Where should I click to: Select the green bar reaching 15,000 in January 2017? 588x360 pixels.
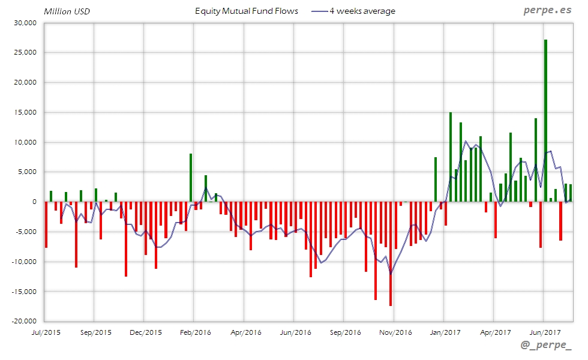point(451,157)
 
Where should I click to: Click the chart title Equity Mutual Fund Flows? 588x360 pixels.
point(247,11)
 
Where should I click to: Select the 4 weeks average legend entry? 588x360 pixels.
point(353,11)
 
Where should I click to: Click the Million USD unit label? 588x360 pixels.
point(67,11)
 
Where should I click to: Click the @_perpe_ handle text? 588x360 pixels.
point(546,347)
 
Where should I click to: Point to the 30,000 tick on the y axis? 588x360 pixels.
point(25,23)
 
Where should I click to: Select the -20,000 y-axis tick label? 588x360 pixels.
point(23,321)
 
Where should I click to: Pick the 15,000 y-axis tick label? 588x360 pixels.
point(25,112)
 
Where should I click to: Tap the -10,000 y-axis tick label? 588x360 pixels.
point(23,262)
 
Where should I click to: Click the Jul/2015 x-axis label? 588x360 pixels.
point(45,332)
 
